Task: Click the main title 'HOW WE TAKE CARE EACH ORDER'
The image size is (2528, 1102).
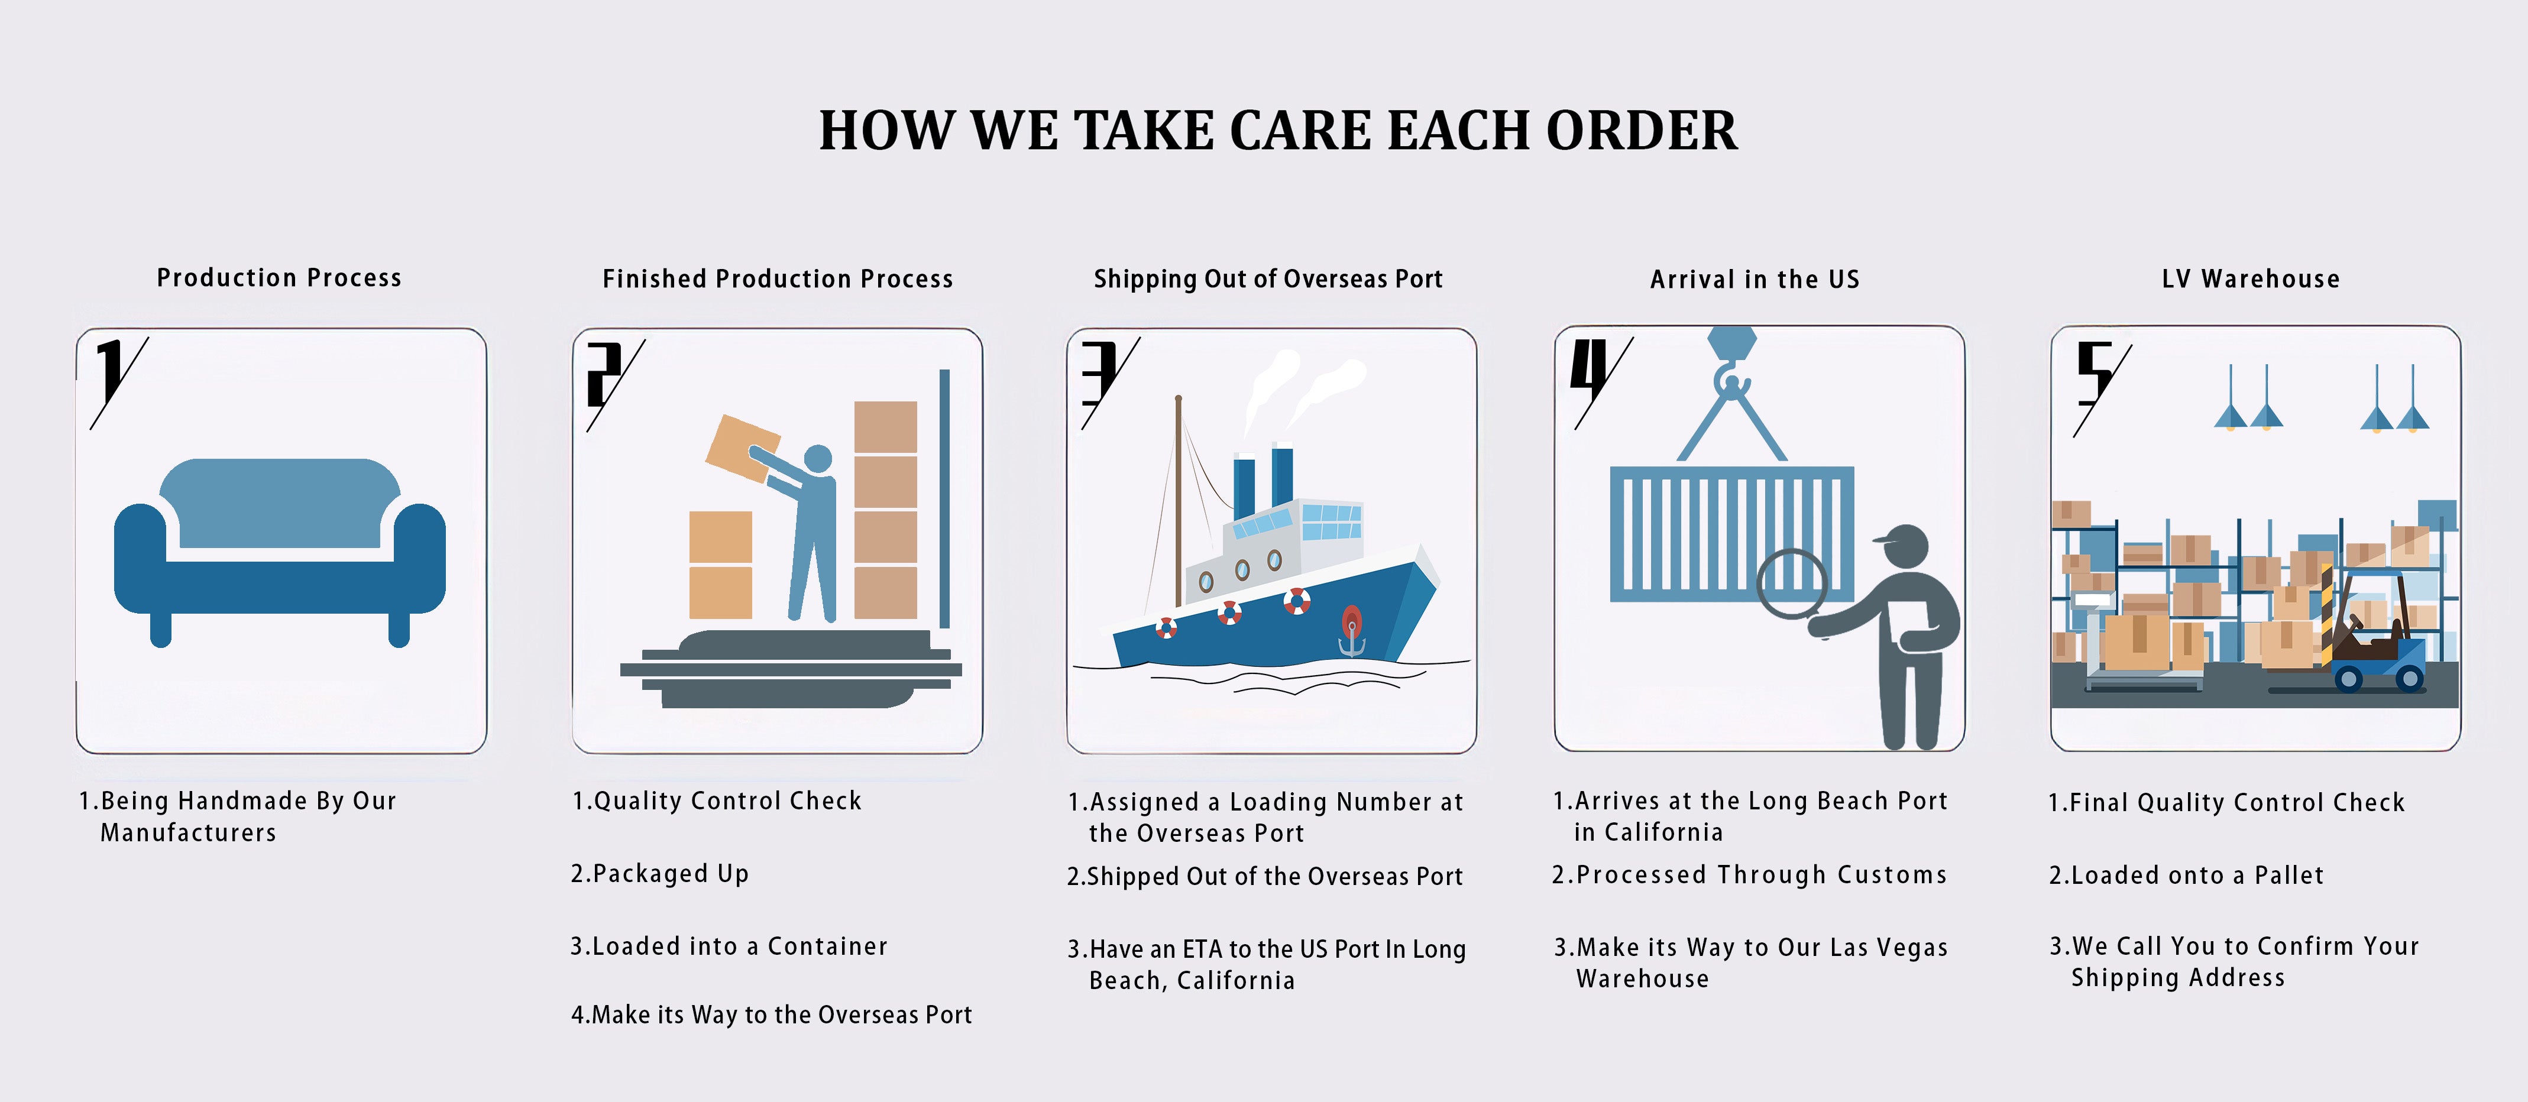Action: (1278, 131)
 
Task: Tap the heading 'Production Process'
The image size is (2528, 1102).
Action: (280, 278)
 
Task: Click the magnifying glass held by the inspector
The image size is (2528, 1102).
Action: (1792, 588)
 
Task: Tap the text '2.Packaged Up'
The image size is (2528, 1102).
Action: (659, 873)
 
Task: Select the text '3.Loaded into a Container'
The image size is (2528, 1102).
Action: (729, 946)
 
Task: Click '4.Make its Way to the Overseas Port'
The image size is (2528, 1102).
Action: (771, 1015)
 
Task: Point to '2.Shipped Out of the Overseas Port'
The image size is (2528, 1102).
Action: (1265, 876)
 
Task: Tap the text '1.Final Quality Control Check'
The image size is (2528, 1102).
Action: (2227, 803)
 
